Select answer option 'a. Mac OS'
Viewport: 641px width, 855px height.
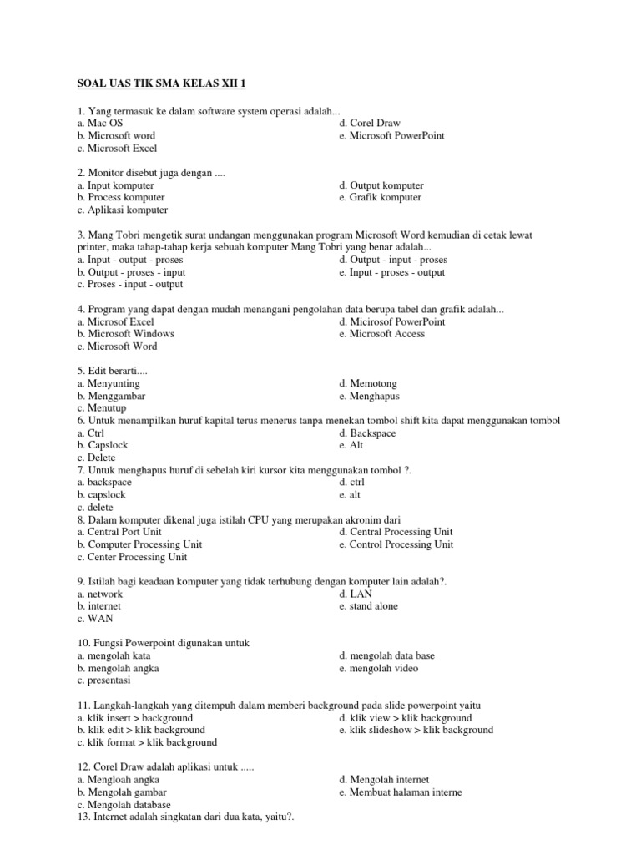99,123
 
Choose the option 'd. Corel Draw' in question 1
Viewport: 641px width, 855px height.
370,123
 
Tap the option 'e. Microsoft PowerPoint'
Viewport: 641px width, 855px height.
392,135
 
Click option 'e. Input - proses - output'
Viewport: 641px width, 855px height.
392,272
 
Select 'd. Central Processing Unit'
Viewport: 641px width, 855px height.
396,532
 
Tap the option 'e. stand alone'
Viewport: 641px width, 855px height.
369,606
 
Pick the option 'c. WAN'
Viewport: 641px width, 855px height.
94,619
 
